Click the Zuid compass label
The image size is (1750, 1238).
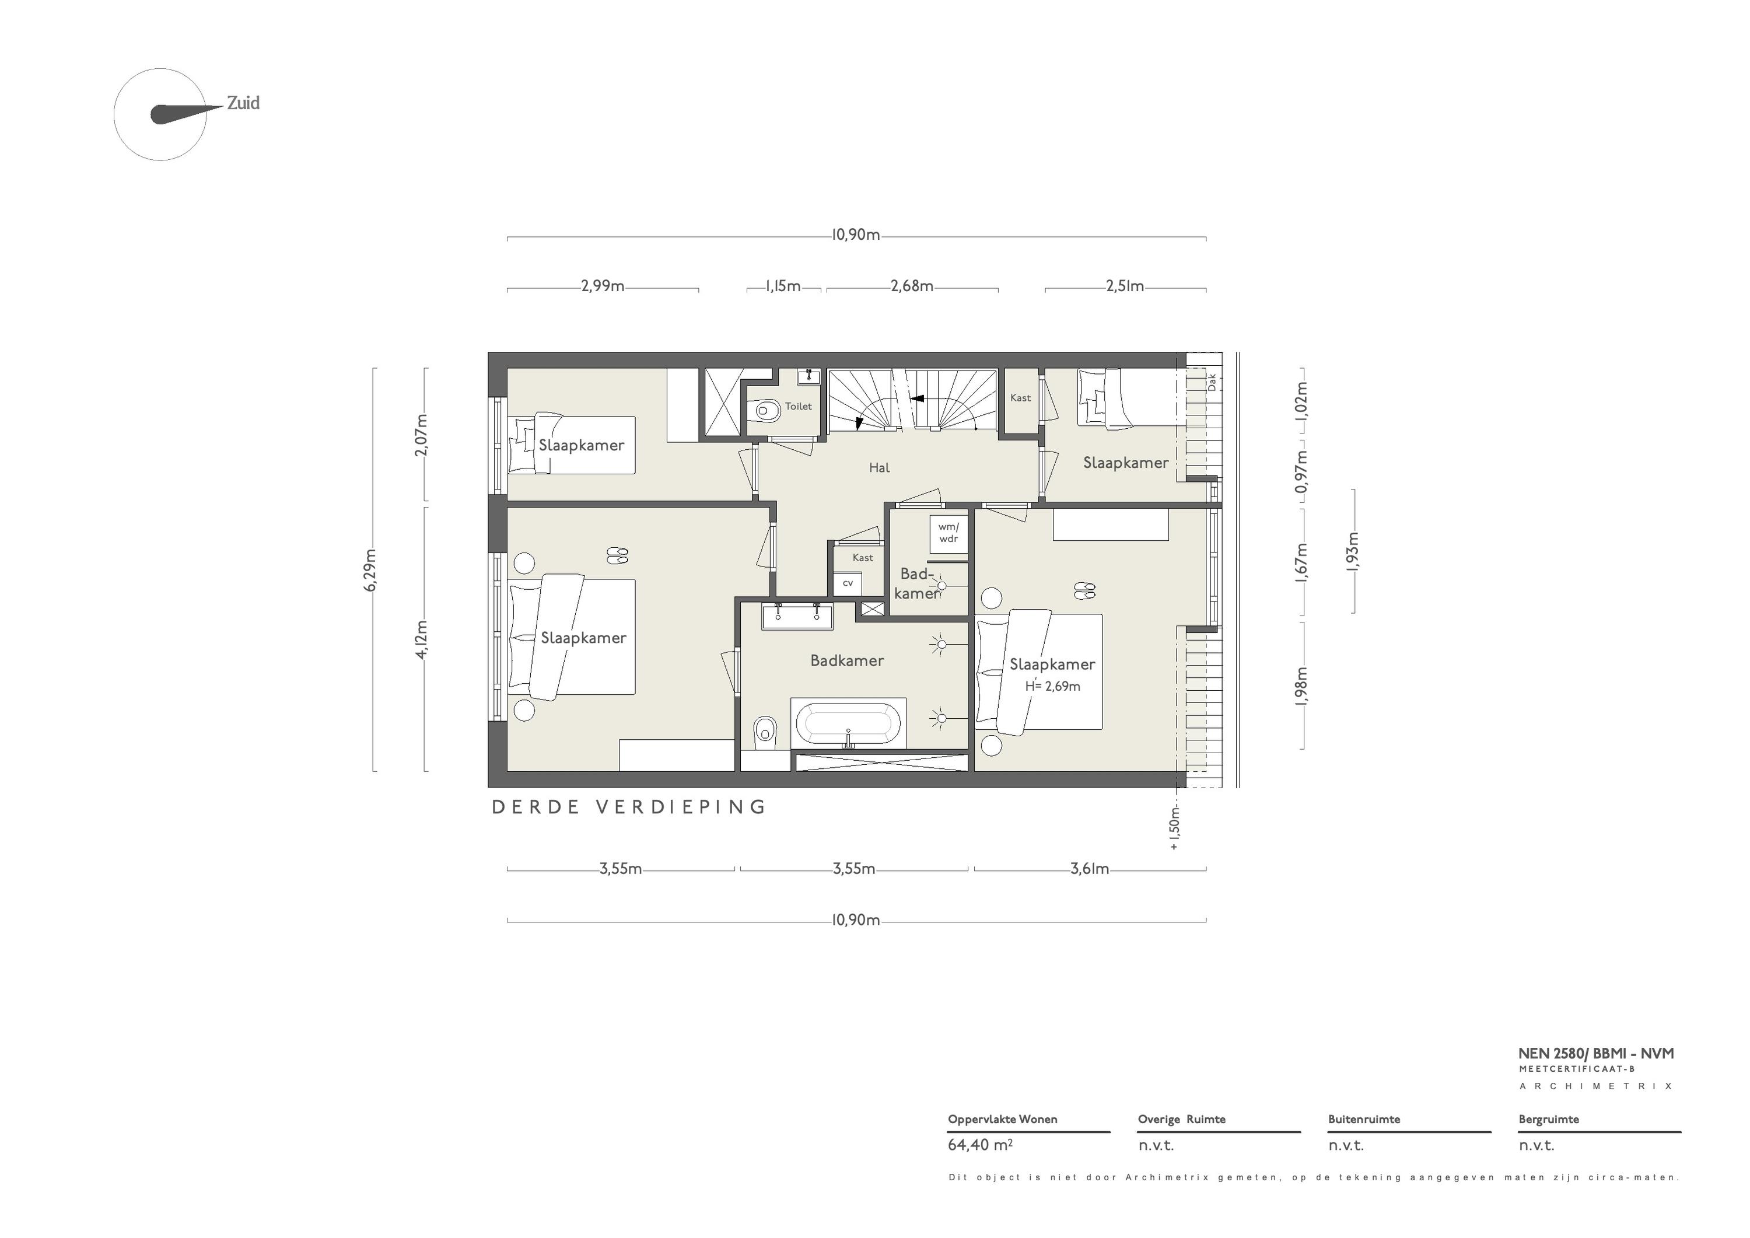243,103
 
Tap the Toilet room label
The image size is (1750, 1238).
799,406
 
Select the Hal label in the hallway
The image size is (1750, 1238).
880,467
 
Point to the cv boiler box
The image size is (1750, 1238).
848,583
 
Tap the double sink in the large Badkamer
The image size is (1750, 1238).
797,616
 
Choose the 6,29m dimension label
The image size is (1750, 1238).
371,570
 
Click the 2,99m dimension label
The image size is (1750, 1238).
603,286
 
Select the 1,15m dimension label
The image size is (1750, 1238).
783,286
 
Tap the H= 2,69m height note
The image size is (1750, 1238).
1052,686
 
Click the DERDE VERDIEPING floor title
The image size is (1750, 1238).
629,807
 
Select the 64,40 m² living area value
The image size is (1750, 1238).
980,1145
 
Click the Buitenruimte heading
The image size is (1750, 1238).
1364,1119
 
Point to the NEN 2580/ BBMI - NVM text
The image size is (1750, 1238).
1596,1054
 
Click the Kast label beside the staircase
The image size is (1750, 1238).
1021,398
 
